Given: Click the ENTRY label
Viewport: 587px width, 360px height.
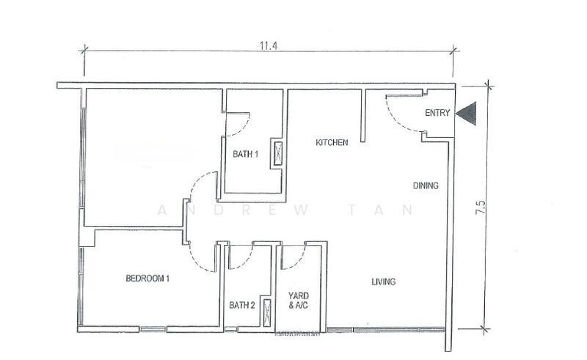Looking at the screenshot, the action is tap(437, 113).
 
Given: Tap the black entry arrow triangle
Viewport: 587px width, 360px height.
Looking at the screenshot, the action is tap(467, 113).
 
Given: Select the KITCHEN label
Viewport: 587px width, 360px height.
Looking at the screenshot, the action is tap(332, 142).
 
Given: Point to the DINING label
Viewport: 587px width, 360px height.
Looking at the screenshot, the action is tap(426, 185).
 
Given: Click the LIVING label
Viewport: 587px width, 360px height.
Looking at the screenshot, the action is tap(383, 282).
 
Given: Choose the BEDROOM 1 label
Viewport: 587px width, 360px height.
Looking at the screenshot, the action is tap(147, 279).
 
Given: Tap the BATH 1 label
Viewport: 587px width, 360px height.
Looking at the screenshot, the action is tap(245, 154).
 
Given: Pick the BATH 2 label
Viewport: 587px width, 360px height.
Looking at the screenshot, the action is tap(242, 305).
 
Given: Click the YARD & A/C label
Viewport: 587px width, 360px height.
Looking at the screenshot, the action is tap(299, 301).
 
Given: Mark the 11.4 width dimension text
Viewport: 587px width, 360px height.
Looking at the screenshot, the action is tap(269, 45).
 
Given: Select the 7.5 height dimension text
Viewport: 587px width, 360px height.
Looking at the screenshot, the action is tap(481, 207).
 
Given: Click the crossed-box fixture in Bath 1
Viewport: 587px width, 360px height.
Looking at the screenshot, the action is tap(278, 153).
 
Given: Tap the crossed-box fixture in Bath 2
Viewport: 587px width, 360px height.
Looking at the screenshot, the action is tap(266, 313).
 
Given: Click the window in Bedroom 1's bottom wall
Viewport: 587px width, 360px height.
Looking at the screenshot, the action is tap(153, 329).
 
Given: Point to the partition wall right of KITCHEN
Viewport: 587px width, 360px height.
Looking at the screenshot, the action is tap(362, 116).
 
